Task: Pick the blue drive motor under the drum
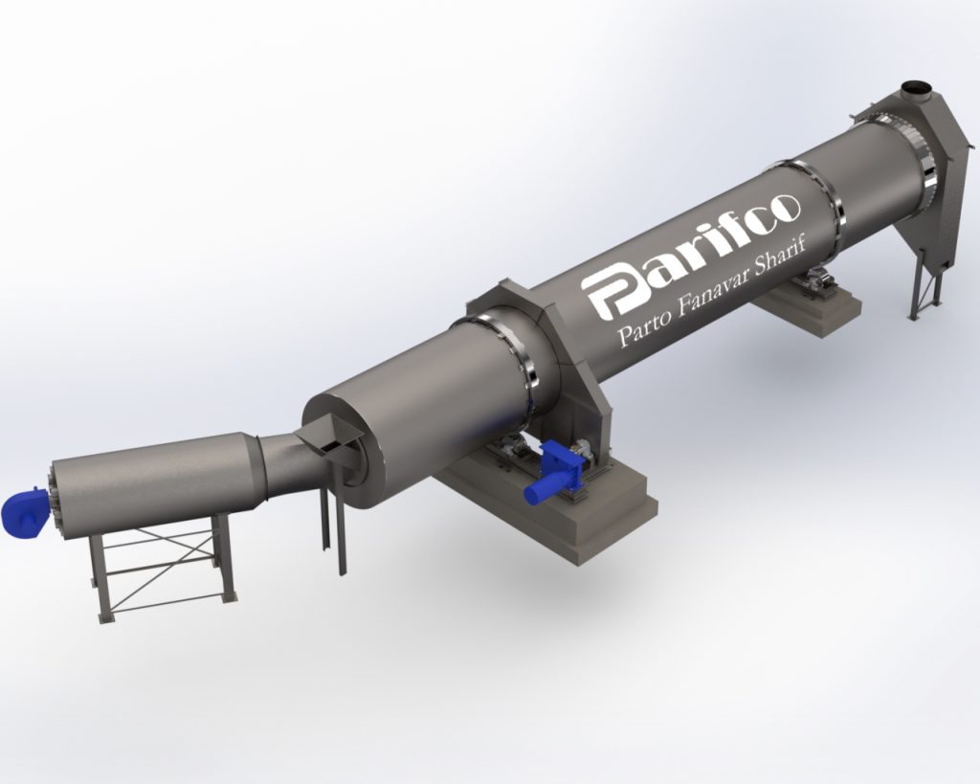(x=556, y=470)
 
